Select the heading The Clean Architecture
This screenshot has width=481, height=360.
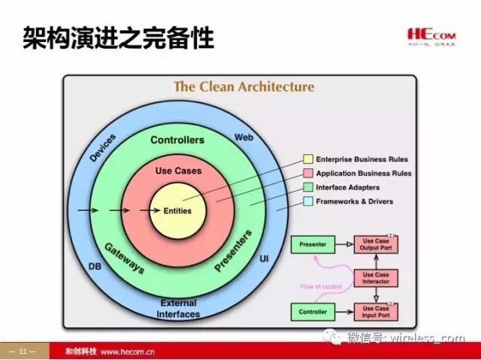tap(244, 86)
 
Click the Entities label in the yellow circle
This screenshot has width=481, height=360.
tap(177, 211)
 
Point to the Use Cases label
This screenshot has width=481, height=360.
tap(178, 171)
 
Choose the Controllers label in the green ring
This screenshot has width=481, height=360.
tap(177, 141)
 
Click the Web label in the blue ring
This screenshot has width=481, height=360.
tap(244, 138)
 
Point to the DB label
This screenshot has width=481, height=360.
tap(94, 265)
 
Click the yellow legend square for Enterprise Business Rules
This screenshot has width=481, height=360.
tap(307, 160)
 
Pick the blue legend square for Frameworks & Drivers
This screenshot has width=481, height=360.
tap(307, 201)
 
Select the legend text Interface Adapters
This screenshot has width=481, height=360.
tap(349, 188)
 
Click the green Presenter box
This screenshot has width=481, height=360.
tap(313, 244)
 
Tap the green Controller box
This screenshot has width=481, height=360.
tap(313, 311)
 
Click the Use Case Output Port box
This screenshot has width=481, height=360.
tap(376, 244)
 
